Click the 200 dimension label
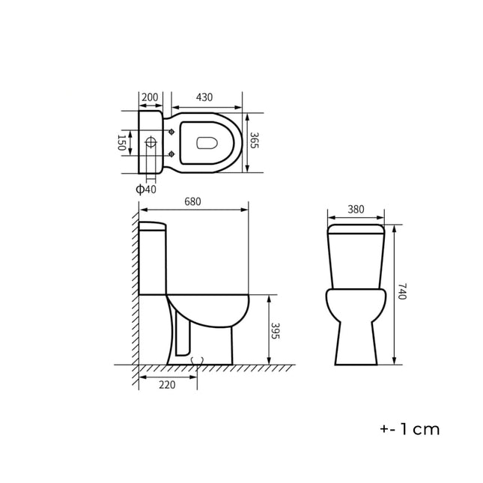point(150,97)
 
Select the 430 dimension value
point(204,97)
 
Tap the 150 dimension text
point(122,142)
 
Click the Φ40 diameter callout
point(146,189)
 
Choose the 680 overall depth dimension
point(192,202)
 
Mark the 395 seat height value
point(275,331)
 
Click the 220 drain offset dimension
point(167,385)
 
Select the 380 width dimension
point(356,210)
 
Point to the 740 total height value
point(401,292)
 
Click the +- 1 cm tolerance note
point(410,430)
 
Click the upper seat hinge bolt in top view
point(172,132)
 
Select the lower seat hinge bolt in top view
point(172,154)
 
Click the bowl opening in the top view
point(206,142)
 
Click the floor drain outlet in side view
point(197,362)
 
